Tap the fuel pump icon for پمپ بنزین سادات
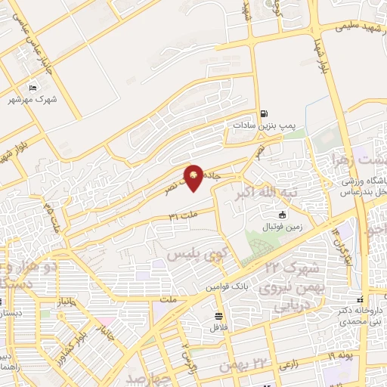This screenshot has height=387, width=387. pyautogui.click(x=263, y=114)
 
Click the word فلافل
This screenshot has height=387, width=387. pyautogui.click(x=218, y=327)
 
